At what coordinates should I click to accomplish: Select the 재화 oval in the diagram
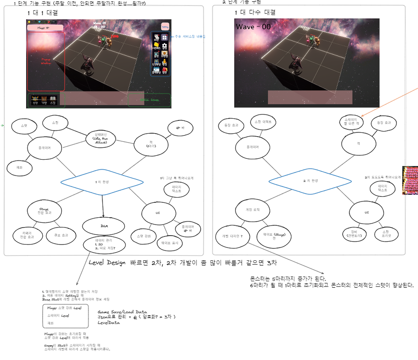(20, 168)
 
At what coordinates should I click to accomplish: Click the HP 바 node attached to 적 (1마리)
(180, 128)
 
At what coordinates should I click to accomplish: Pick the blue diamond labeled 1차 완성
(102, 182)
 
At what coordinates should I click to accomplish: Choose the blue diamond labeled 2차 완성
(310, 181)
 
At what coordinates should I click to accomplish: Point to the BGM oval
(104, 226)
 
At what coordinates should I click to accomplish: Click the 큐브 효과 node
(61, 235)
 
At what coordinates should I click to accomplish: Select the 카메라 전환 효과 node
(27, 235)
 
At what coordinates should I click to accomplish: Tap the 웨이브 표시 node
(170, 243)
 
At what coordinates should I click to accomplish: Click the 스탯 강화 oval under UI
(144, 236)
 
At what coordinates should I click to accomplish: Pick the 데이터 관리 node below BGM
(104, 244)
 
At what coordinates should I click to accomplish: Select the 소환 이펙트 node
(263, 122)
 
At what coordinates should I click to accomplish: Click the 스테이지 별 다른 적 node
(351, 122)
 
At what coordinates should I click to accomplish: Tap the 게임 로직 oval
(252, 210)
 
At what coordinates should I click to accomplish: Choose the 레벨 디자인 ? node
(233, 236)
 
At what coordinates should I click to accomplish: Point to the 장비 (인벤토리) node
(354, 234)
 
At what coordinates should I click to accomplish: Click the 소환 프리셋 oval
(386, 234)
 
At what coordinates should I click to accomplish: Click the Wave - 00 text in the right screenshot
(253, 27)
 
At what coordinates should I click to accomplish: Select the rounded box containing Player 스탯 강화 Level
(65, 316)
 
